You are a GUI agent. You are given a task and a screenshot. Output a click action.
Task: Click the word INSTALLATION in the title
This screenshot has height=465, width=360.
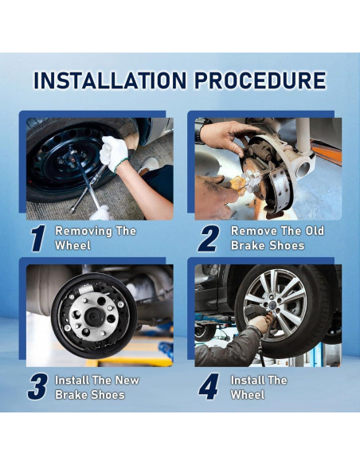[x=110, y=80]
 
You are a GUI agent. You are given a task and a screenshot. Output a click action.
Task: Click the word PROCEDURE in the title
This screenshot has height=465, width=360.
[x=260, y=80]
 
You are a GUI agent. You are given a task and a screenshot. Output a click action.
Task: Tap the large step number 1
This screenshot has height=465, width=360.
[x=38, y=238]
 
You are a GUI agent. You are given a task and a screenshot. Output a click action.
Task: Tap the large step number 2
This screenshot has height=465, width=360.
[x=209, y=238]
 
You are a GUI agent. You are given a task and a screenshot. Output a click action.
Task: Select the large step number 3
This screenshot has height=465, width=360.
[x=37, y=387]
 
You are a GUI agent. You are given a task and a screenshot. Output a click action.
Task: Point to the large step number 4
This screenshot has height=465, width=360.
[x=209, y=386]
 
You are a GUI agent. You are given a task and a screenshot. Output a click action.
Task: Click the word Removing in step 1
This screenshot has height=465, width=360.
[x=84, y=231]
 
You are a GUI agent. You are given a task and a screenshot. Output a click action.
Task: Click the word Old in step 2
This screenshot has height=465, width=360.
[x=315, y=231]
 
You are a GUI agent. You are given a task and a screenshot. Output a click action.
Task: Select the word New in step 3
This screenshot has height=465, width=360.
[x=127, y=380]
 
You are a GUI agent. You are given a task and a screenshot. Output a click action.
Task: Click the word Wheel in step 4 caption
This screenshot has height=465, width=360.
[x=248, y=395]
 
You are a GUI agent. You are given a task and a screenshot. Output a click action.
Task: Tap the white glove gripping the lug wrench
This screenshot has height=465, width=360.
[x=114, y=154]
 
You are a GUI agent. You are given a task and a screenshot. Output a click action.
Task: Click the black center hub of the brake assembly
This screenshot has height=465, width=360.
[x=94, y=317]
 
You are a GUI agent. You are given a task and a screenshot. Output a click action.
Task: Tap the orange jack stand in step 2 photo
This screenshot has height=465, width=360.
[x=327, y=154]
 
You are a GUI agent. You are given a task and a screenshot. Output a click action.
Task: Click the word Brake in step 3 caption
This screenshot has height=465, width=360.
[x=72, y=395]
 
